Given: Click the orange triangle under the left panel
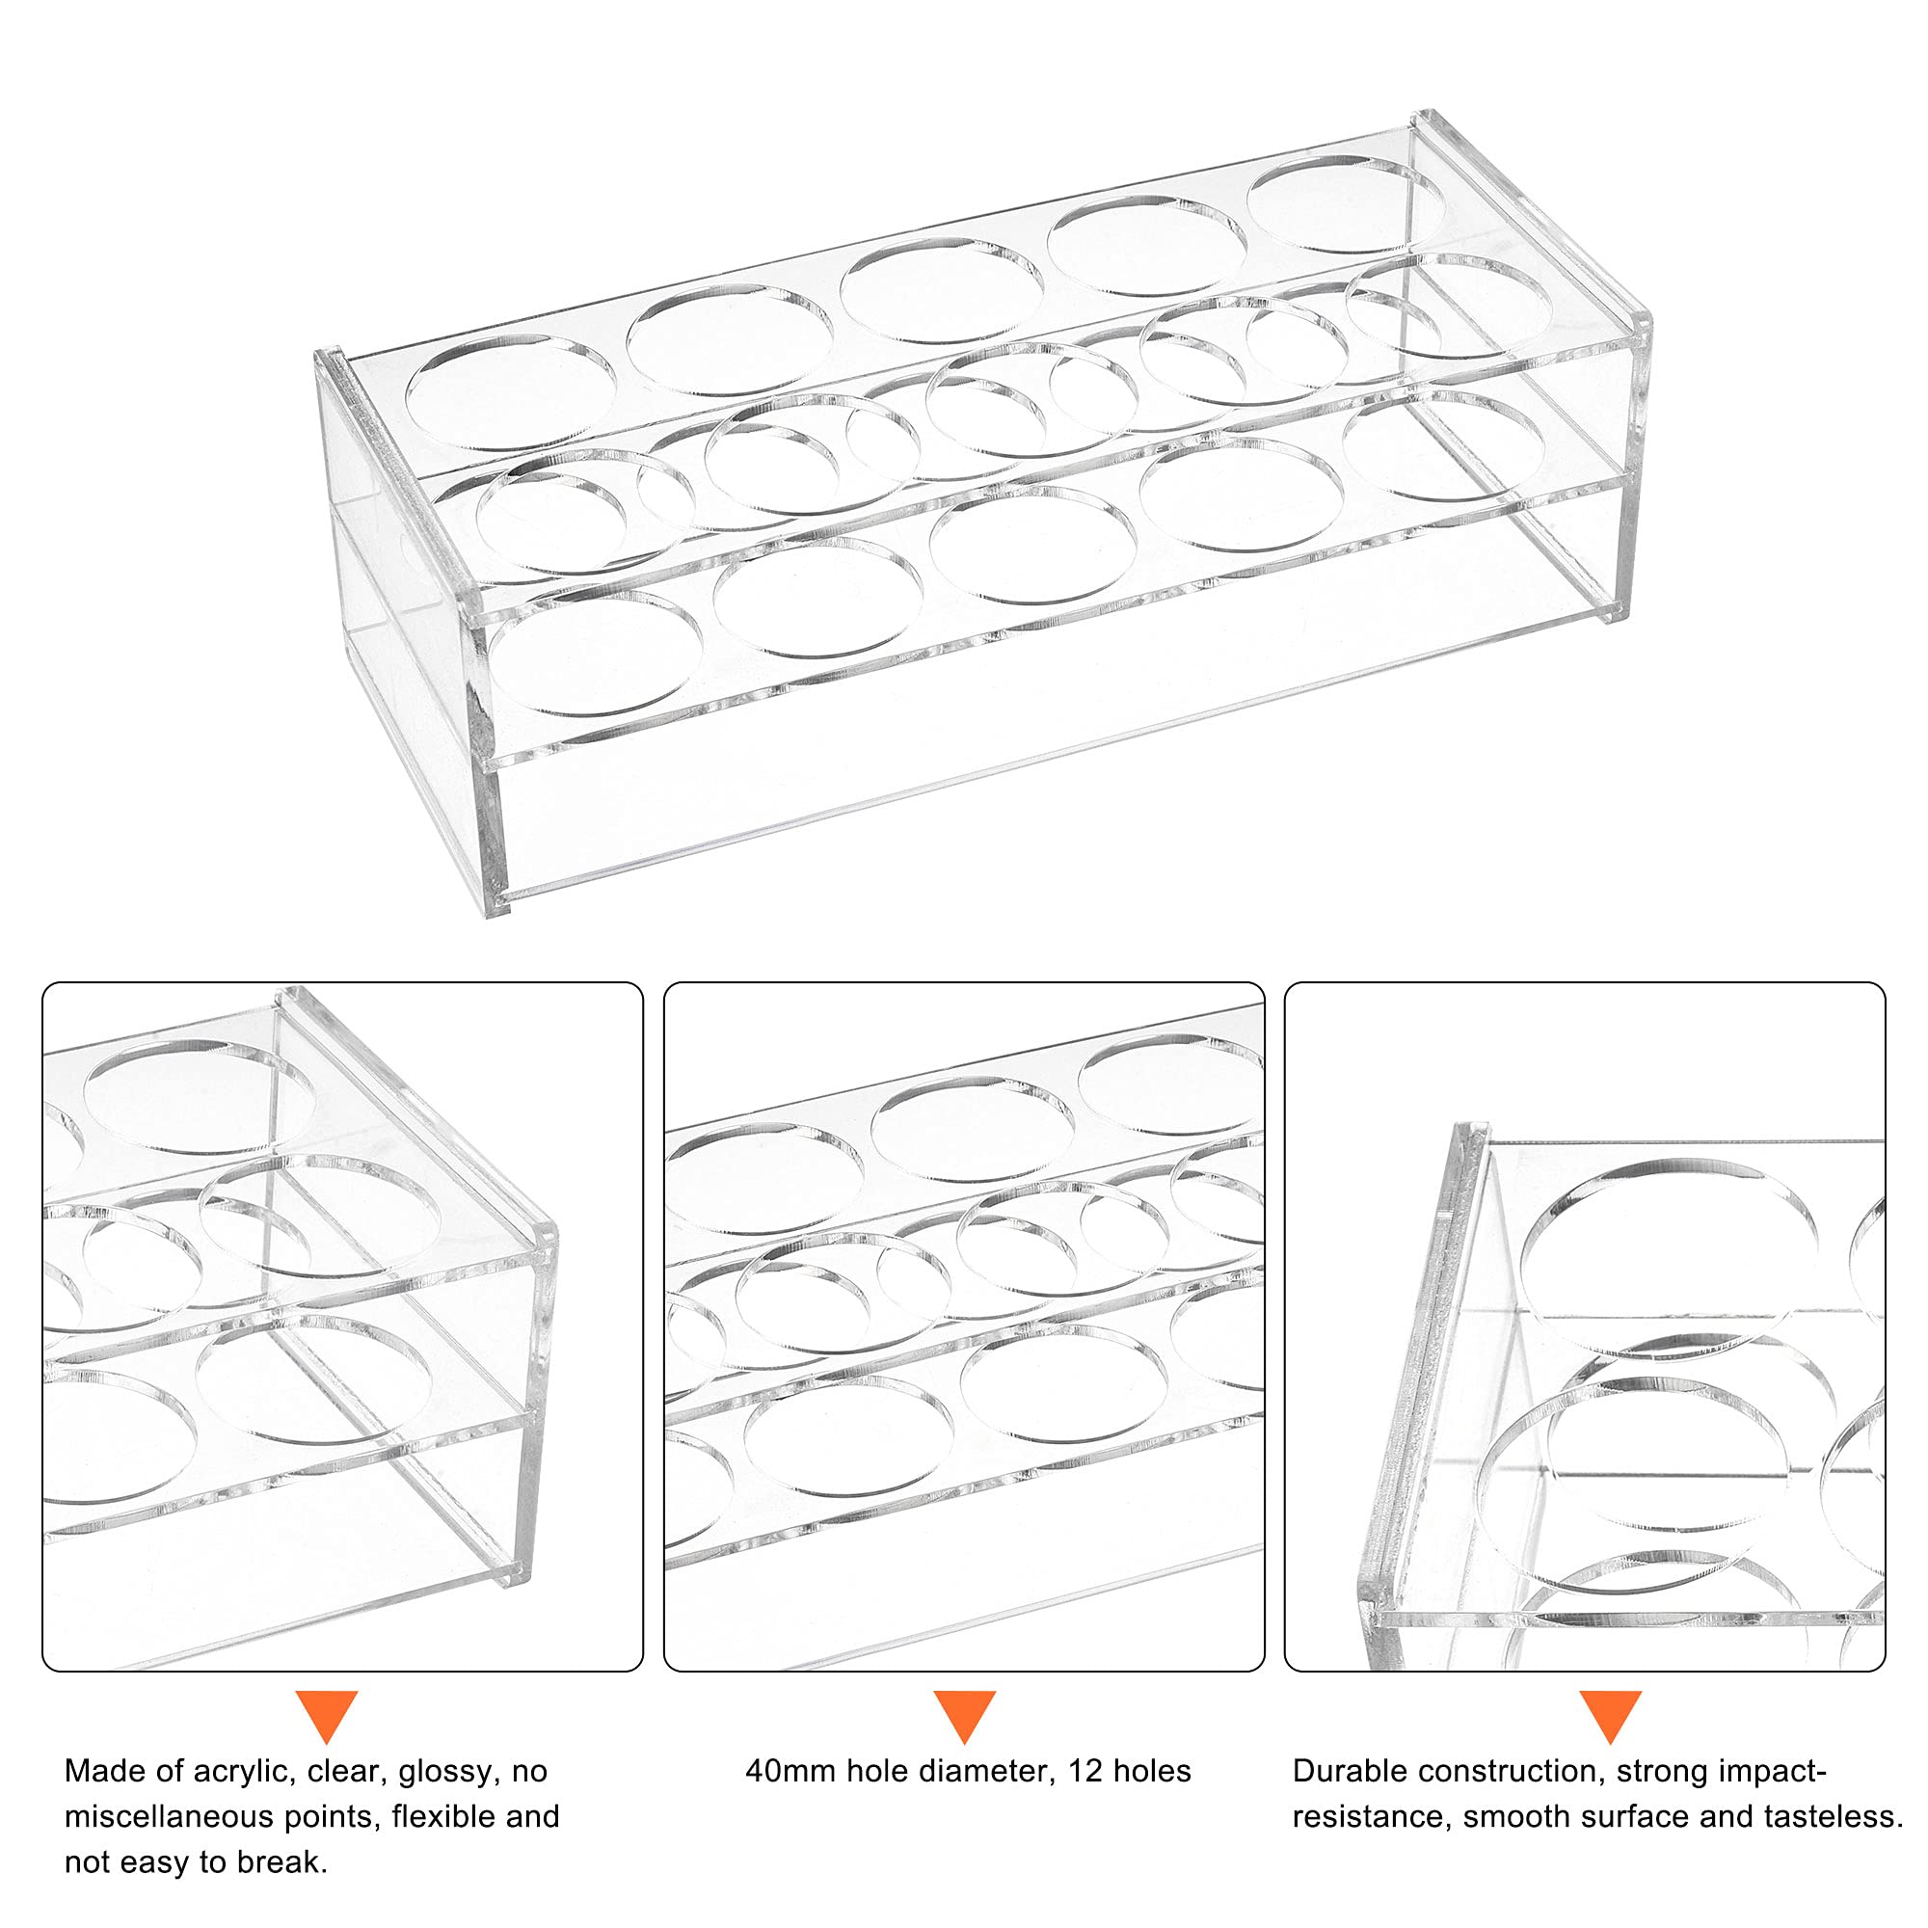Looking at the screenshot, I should click(x=328, y=1714).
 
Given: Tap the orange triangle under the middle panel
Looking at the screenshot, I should click(x=964, y=1714).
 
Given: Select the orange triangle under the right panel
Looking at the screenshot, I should click(x=1611, y=1714).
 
